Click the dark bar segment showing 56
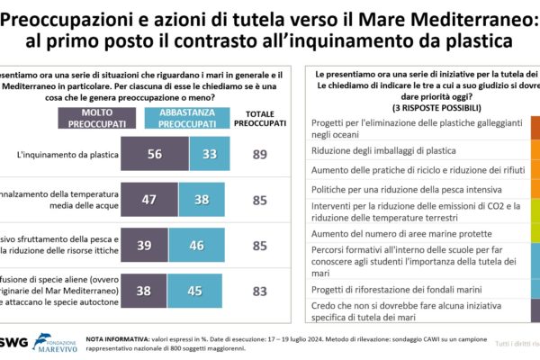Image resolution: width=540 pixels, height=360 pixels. [x=154, y=154]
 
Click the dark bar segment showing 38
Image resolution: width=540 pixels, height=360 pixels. [x=144, y=291]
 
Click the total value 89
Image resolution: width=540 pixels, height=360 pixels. [x=260, y=155]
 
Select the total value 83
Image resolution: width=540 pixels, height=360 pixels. [x=260, y=291]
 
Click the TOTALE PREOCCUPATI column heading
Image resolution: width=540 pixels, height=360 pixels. [x=261, y=118]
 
